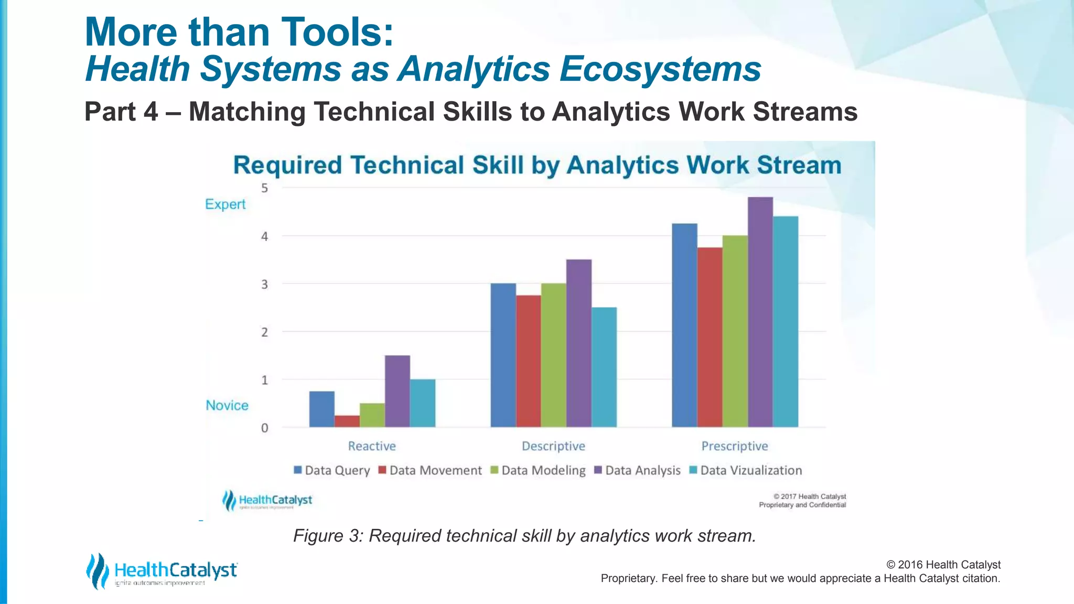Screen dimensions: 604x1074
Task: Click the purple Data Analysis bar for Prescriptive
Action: [x=760, y=312]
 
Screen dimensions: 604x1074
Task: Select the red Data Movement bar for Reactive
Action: [x=347, y=422]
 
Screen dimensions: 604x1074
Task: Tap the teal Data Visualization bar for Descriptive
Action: [x=604, y=367]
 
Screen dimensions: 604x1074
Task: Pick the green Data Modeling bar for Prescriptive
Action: [x=735, y=331]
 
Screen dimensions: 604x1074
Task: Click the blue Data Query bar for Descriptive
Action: [x=503, y=355]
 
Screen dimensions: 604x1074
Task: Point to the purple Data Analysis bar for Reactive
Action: [x=398, y=391]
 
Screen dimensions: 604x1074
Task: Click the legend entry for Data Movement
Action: [x=430, y=470]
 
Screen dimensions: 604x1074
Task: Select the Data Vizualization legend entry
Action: [x=746, y=470]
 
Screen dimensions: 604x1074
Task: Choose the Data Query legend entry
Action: [x=332, y=470]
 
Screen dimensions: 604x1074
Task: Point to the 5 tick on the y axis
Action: [x=264, y=188]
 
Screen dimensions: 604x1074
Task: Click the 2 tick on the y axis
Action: [x=264, y=332]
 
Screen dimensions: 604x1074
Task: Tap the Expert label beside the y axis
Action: [x=225, y=204]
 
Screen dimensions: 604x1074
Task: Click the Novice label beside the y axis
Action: [x=227, y=405]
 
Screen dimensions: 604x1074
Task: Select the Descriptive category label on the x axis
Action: [x=553, y=446]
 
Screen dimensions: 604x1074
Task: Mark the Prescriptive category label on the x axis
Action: [x=734, y=446]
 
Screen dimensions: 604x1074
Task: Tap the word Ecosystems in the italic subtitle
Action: [x=660, y=69]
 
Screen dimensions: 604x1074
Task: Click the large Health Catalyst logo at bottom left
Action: [x=162, y=571]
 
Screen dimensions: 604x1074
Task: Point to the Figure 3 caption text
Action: [x=524, y=536]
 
